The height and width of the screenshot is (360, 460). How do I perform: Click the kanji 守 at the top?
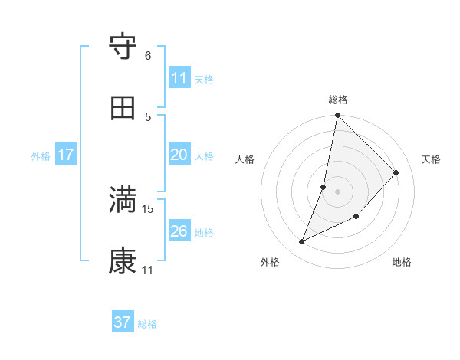click(123, 47)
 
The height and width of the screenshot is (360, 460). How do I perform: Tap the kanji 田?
click(123, 108)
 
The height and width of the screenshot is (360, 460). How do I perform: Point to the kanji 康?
click(123, 261)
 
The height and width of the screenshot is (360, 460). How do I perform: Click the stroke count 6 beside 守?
click(148, 56)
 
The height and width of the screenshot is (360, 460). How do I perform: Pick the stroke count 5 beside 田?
click(148, 116)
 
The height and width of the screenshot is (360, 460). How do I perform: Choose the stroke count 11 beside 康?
click(148, 270)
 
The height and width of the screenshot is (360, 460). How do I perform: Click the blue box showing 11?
click(179, 78)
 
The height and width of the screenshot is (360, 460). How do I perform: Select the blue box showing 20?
click(179, 155)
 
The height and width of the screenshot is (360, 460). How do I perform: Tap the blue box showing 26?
click(179, 231)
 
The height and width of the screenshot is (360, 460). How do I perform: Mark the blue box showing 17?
click(65, 155)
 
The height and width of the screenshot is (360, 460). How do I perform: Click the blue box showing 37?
click(122, 322)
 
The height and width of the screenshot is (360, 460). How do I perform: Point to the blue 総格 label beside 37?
click(148, 324)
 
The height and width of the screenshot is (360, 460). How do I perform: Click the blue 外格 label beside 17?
click(41, 156)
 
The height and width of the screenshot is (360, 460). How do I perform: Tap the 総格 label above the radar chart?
click(338, 100)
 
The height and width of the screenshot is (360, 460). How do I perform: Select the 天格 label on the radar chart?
click(431, 159)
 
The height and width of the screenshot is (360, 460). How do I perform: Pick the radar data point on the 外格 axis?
click(302, 242)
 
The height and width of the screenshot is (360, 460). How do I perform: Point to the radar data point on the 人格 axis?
click(324, 187)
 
